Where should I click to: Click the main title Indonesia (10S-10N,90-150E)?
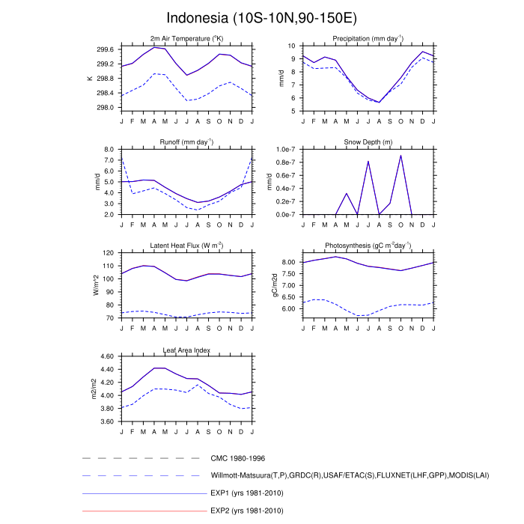pyautogui.click(x=261, y=17)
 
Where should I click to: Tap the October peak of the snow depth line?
pyautogui.click(x=400, y=156)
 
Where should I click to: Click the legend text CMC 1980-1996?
pyautogui.click(x=238, y=458)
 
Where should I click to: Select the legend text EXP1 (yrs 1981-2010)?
pyautogui.click(x=248, y=493)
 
